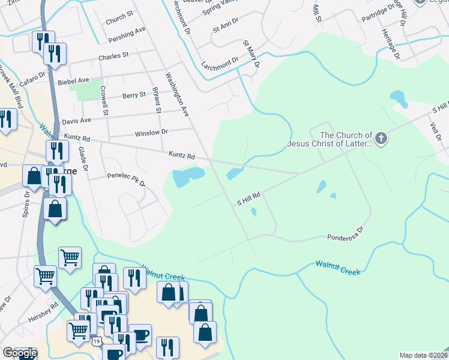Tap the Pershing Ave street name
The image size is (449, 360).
tap(127, 34)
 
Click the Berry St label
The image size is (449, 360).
tap(134, 95)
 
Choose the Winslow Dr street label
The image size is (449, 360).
tap(151, 132)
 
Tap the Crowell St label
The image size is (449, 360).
tap(105, 100)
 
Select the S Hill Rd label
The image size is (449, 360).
tap(248, 199)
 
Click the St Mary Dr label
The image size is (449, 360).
tap(251, 53)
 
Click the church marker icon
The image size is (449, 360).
tap(382, 139)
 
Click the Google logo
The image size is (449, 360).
tap(20, 353)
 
